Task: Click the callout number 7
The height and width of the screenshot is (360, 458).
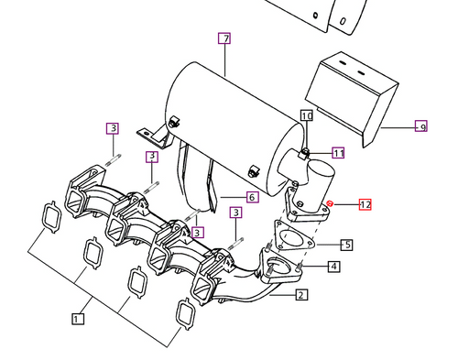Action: coord(224,38)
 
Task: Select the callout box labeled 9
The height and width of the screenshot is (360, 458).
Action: coord(420,126)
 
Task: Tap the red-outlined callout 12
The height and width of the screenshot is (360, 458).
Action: coord(365,205)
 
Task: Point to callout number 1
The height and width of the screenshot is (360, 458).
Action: coord(79,318)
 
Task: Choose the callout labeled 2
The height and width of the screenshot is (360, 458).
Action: coord(301,295)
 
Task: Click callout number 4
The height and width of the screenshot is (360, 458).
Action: coord(252,196)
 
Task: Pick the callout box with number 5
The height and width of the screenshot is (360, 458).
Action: coord(346,245)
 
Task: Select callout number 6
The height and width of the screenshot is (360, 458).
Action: coord(252,196)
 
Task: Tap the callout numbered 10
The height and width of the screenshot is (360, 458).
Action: coord(306,115)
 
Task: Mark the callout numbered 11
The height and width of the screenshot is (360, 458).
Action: coord(338,153)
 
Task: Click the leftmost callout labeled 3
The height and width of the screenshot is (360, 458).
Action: coord(112,128)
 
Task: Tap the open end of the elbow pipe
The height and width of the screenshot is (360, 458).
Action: coord(321,171)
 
